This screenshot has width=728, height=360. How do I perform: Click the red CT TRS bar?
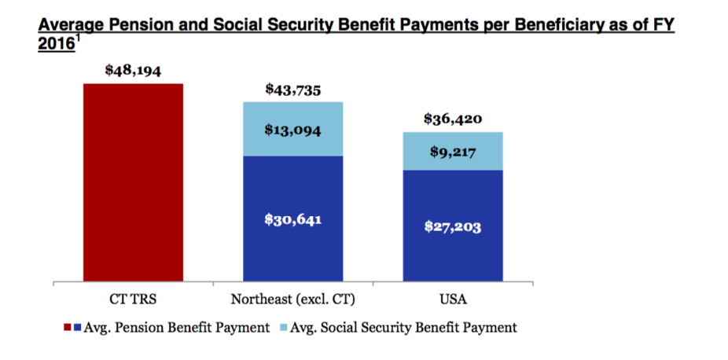pyautogui.click(x=133, y=181)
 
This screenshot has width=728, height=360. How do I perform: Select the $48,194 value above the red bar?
pyautogui.click(x=133, y=71)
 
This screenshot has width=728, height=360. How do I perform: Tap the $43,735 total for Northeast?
pyautogui.click(x=294, y=90)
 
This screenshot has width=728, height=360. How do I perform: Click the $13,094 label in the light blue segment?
pyautogui.click(x=294, y=130)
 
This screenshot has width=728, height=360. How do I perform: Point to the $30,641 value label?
pyautogui.click(x=294, y=219)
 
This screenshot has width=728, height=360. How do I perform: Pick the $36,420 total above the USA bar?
pyautogui.click(x=452, y=119)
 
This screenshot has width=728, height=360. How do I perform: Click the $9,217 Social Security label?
pyautogui.click(x=452, y=151)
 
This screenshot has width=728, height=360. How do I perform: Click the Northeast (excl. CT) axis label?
pyautogui.click(x=293, y=299)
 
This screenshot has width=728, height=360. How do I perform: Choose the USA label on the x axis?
pyautogui.click(x=453, y=299)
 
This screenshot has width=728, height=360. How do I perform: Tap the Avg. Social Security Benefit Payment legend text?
pyautogui.click(x=402, y=328)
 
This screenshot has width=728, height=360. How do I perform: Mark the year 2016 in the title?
pyautogui.click(x=55, y=44)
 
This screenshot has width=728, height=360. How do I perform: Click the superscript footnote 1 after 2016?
pyautogui.click(x=76, y=39)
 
